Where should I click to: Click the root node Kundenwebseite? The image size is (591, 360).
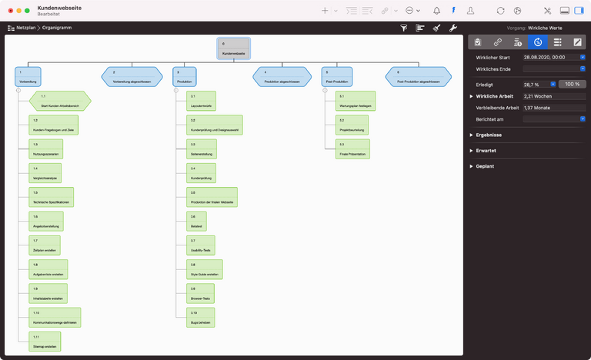pos(234,48)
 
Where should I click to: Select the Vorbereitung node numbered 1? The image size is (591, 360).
pos(28,76)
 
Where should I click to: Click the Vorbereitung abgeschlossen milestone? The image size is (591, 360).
pos(132,76)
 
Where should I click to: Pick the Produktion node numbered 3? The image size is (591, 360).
pos(185,76)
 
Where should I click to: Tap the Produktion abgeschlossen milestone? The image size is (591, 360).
pos(282,76)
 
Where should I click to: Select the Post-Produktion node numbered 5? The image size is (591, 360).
pos(337,76)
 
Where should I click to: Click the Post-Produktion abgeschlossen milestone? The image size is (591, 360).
pos(419,76)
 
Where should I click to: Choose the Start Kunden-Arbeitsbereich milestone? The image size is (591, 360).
pos(60,101)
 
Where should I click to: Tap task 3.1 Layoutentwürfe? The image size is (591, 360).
pos(202,101)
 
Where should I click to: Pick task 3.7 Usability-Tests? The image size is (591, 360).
pos(202,245)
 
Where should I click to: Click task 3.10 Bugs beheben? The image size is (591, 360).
pos(202,317)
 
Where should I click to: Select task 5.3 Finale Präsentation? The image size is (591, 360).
pos(352,149)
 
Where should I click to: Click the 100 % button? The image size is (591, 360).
pos(572,84)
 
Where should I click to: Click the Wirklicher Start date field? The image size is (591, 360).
pos(549,57)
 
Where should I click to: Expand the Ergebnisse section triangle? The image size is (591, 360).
pos(471,135)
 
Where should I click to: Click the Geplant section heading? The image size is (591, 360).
pos(485,166)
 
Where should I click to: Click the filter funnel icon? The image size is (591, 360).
pos(404,28)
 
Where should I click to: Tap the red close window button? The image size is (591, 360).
pos(9,11)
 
